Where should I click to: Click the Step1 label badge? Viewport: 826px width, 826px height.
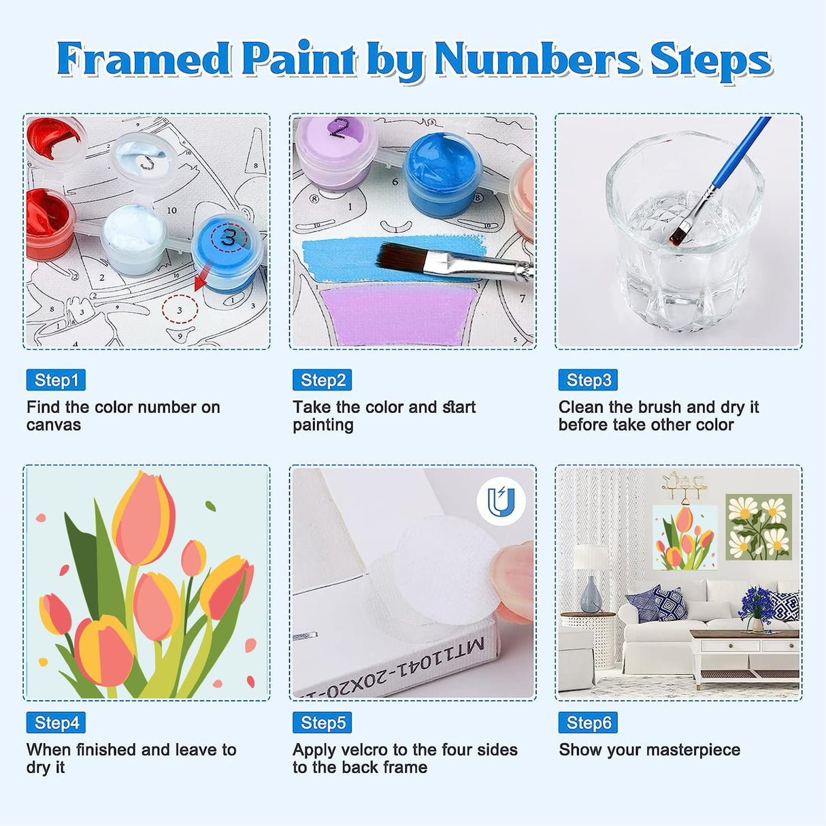[x=56, y=380]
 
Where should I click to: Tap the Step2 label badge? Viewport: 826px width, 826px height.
[x=322, y=380]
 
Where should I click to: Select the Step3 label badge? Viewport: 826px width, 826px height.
[x=588, y=380]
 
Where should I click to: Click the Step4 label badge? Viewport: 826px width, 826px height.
[x=56, y=723]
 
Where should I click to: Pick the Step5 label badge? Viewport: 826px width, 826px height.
[x=322, y=723]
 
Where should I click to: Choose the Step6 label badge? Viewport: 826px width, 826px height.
[x=588, y=723]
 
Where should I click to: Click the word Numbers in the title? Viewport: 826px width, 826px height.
[x=537, y=60]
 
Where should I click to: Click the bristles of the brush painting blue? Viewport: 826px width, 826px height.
[x=401, y=259]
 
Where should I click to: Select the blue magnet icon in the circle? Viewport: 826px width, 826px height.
[x=500, y=502]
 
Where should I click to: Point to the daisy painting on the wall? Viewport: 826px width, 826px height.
[x=758, y=527]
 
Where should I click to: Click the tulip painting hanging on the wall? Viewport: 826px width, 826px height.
[x=684, y=538]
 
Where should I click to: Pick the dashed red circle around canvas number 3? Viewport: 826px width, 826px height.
[x=180, y=310]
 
